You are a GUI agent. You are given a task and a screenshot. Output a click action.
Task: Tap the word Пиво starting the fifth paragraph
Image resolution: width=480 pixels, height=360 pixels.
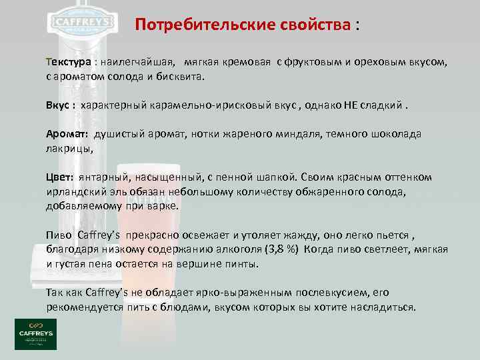[59, 235]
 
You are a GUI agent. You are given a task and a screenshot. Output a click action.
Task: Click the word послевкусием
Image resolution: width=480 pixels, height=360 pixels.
[323, 293]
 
